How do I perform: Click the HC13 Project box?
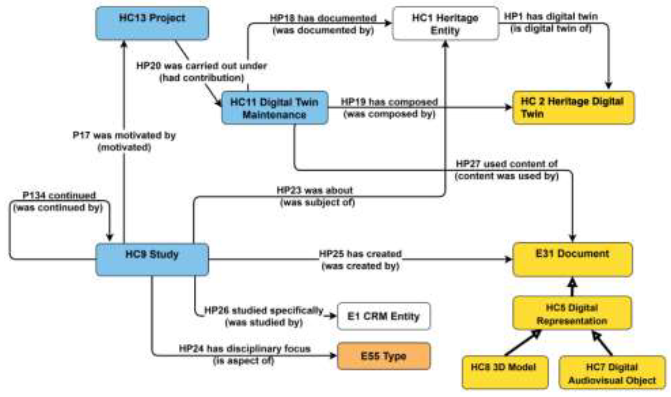tap(152, 23)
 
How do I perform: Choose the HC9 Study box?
tap(152, 259)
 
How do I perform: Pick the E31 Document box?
tap(572, 259)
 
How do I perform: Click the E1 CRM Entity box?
tap(384, 316)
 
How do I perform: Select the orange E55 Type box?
tap(384, 356)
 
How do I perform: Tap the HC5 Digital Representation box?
tap(572, 314)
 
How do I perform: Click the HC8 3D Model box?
tap(505, 372)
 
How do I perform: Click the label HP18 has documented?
tap(323, 18)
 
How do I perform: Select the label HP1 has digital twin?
tap(551, 17)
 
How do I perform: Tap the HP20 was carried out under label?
tap(202, 66)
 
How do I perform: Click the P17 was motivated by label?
tap(124, 135)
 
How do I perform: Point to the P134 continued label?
tap(59, 195)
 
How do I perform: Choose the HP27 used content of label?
tap(507, 164)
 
